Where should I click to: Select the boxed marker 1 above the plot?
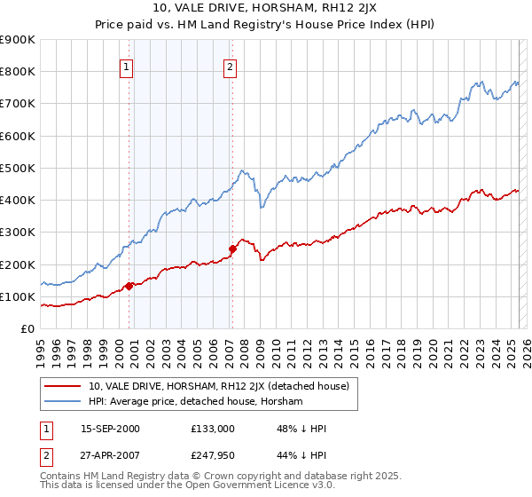point(127,66)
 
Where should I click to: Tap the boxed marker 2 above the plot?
point(230,66)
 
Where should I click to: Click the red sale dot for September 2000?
point(129,286)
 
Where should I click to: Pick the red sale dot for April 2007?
point(232,248)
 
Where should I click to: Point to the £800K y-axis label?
point(18,72)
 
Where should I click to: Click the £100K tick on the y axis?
point(18,296)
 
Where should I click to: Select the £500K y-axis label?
point(18,168)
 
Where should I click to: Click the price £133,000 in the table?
point(212,429)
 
